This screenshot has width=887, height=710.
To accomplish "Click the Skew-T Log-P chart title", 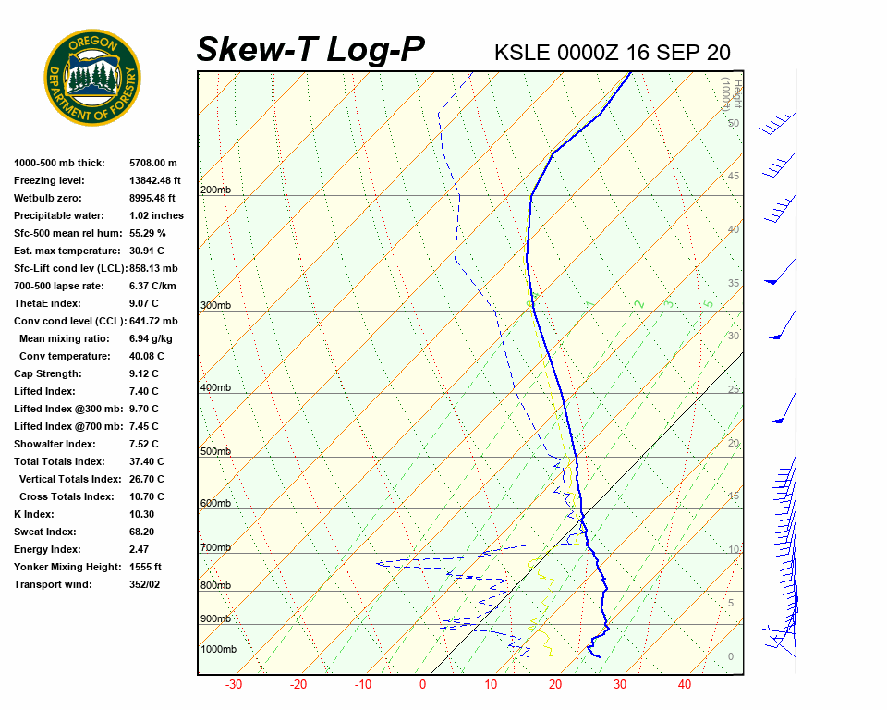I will tap(310, 50).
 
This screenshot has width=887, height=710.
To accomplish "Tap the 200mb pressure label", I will tap(215, 190).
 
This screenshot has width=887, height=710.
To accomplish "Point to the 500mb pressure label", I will tap(215, 452).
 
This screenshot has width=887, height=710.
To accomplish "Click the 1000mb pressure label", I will tap(218, 650).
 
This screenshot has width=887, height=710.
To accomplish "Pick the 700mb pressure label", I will tap(215, 548).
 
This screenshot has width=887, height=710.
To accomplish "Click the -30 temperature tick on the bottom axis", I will tap(234, 685).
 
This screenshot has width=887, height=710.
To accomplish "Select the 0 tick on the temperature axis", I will tap(422, 685).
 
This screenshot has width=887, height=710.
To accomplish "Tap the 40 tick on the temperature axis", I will tap(685, 685).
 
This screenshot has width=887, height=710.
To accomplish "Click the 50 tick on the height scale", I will tap(733, 123).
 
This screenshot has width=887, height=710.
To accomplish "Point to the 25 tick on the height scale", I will tap(734, 389).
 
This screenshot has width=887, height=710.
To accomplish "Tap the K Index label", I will tap(34, 514).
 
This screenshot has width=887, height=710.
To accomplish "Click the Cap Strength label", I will tap(48, 373).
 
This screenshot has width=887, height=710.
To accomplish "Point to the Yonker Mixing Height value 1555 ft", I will tap(145, 567).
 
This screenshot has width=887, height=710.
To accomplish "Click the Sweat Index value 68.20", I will tap(141, 532).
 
